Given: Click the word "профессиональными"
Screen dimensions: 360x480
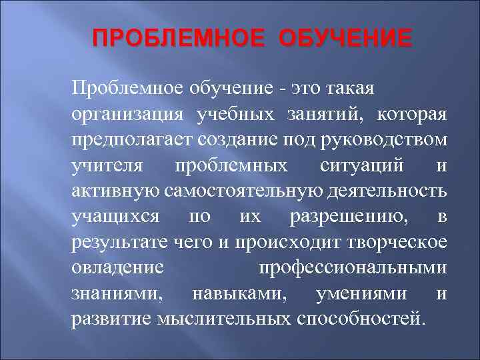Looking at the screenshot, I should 352,268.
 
